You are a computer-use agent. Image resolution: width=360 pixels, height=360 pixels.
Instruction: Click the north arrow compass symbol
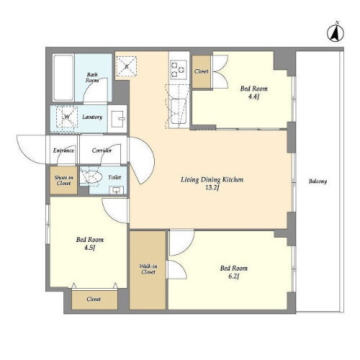336,32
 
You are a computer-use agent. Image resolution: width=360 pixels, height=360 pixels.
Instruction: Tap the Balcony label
318,181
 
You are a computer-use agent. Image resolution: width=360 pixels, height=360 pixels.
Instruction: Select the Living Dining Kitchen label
212,180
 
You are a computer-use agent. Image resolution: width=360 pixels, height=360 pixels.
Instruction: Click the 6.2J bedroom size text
233,276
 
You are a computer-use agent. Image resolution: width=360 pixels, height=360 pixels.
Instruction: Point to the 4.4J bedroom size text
253,96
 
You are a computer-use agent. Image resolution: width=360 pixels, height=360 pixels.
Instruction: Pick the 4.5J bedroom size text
89,248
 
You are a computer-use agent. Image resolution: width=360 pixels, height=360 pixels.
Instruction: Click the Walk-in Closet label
148,269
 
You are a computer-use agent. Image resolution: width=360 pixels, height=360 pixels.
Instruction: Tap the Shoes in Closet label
63,181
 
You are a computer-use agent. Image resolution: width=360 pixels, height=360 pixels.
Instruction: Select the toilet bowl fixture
91,177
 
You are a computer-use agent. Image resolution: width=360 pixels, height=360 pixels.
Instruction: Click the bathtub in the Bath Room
63,78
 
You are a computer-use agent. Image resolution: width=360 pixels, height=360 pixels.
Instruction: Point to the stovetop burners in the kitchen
179,69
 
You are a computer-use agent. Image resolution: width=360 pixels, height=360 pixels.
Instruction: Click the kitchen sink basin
179,112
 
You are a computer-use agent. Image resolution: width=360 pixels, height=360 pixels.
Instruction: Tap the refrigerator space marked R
127,66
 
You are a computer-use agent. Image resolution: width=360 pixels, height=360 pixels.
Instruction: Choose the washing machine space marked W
67,117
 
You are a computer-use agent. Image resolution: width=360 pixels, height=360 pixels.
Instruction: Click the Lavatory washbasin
117,119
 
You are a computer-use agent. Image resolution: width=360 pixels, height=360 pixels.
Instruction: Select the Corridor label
102,150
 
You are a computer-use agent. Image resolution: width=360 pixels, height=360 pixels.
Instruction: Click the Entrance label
63,150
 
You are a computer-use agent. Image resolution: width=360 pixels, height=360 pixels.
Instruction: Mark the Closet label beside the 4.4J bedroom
202,71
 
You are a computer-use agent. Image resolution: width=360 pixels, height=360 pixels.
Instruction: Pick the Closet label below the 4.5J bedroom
94,299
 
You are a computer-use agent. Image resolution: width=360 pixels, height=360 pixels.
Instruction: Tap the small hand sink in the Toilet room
117,190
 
